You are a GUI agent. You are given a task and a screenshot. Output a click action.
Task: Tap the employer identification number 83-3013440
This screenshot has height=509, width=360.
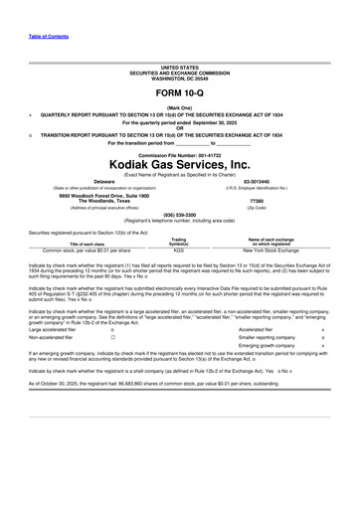[256, 182]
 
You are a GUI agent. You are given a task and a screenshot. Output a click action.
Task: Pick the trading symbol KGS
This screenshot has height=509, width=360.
[179, 252]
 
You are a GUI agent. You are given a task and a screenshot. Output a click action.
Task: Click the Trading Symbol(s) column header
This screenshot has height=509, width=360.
[179, 242]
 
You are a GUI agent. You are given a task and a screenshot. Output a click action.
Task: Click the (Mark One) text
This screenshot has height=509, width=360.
[179, 107]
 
